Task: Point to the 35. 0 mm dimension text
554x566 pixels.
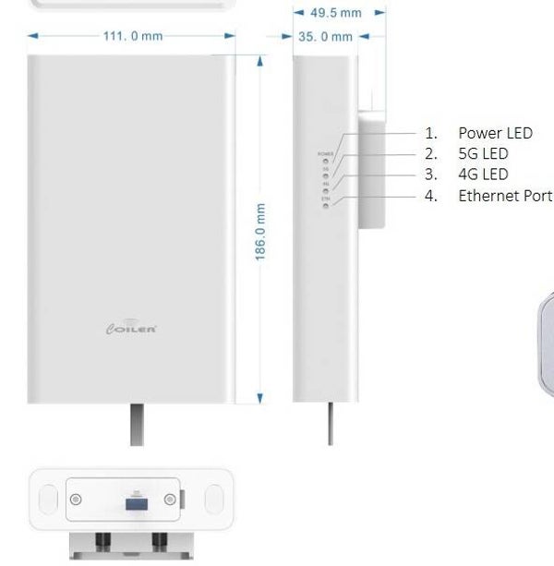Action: click(x=326, y=37)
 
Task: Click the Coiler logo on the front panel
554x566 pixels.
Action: click(x=132, y=328)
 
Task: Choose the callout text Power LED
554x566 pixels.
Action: click(x=495, y=133)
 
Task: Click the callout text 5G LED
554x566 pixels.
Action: click(x=483, y=153)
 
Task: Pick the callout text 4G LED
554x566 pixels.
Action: click(x=483, y=175)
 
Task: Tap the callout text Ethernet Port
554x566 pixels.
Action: click(x=505, y=196)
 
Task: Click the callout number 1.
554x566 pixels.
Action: click(x=430, y=133)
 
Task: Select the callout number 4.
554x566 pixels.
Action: click(x=430, y=196)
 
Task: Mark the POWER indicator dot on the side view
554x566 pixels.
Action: click(x=326, y=160)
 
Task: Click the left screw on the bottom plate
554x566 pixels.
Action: click(x=77, y=500)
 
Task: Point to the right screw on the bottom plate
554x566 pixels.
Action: click(x=170, y=500)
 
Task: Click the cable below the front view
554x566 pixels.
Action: click(x=137, y=424)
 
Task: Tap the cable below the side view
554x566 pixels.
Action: click(x=331, y=424)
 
